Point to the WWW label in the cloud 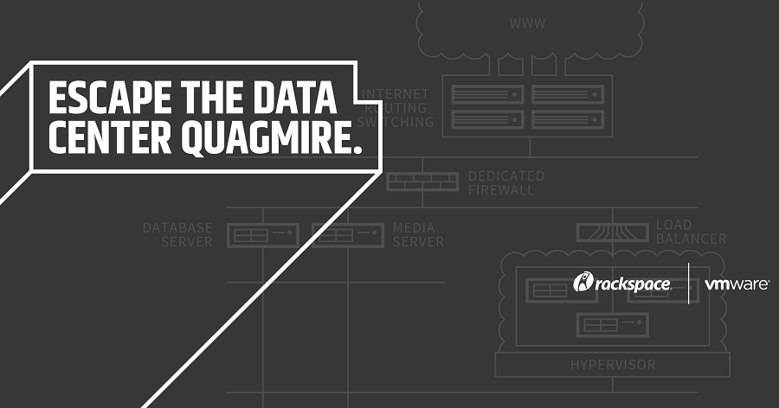[x=528, y=23]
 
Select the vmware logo [x=736, y=283]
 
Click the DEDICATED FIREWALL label [x=506, y=182]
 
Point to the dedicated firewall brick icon [x=422, y=182]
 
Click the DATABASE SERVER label [x=177, y=234]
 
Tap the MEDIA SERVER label [x=418, y=234]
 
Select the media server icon [x=347, y=234]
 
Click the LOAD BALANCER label [x=691, y=232]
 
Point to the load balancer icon [x=613, y=232]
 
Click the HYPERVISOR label [x=612, y=364]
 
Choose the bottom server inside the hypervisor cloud [x=613, y=325]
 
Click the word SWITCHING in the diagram [x=399, y=122]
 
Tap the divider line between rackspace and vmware [x=688, y=283]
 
